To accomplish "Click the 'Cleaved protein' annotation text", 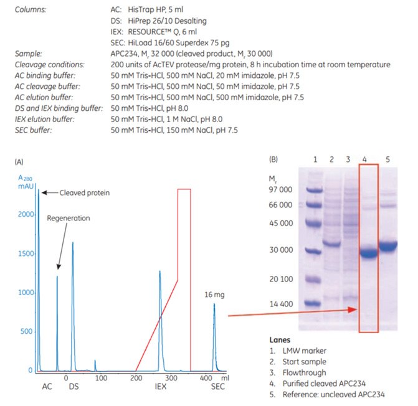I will click(x=84, y=192).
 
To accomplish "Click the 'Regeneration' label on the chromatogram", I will click(x=69, y=219).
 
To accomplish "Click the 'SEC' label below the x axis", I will click(x=215, y=388).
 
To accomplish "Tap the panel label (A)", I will click(x=19, y=161).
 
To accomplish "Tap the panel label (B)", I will click(x=275, y=159).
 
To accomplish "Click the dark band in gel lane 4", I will click(x=368, y=253).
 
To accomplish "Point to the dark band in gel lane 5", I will click(x=388, y=247).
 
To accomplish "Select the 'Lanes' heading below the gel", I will click(x=280, y=341).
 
